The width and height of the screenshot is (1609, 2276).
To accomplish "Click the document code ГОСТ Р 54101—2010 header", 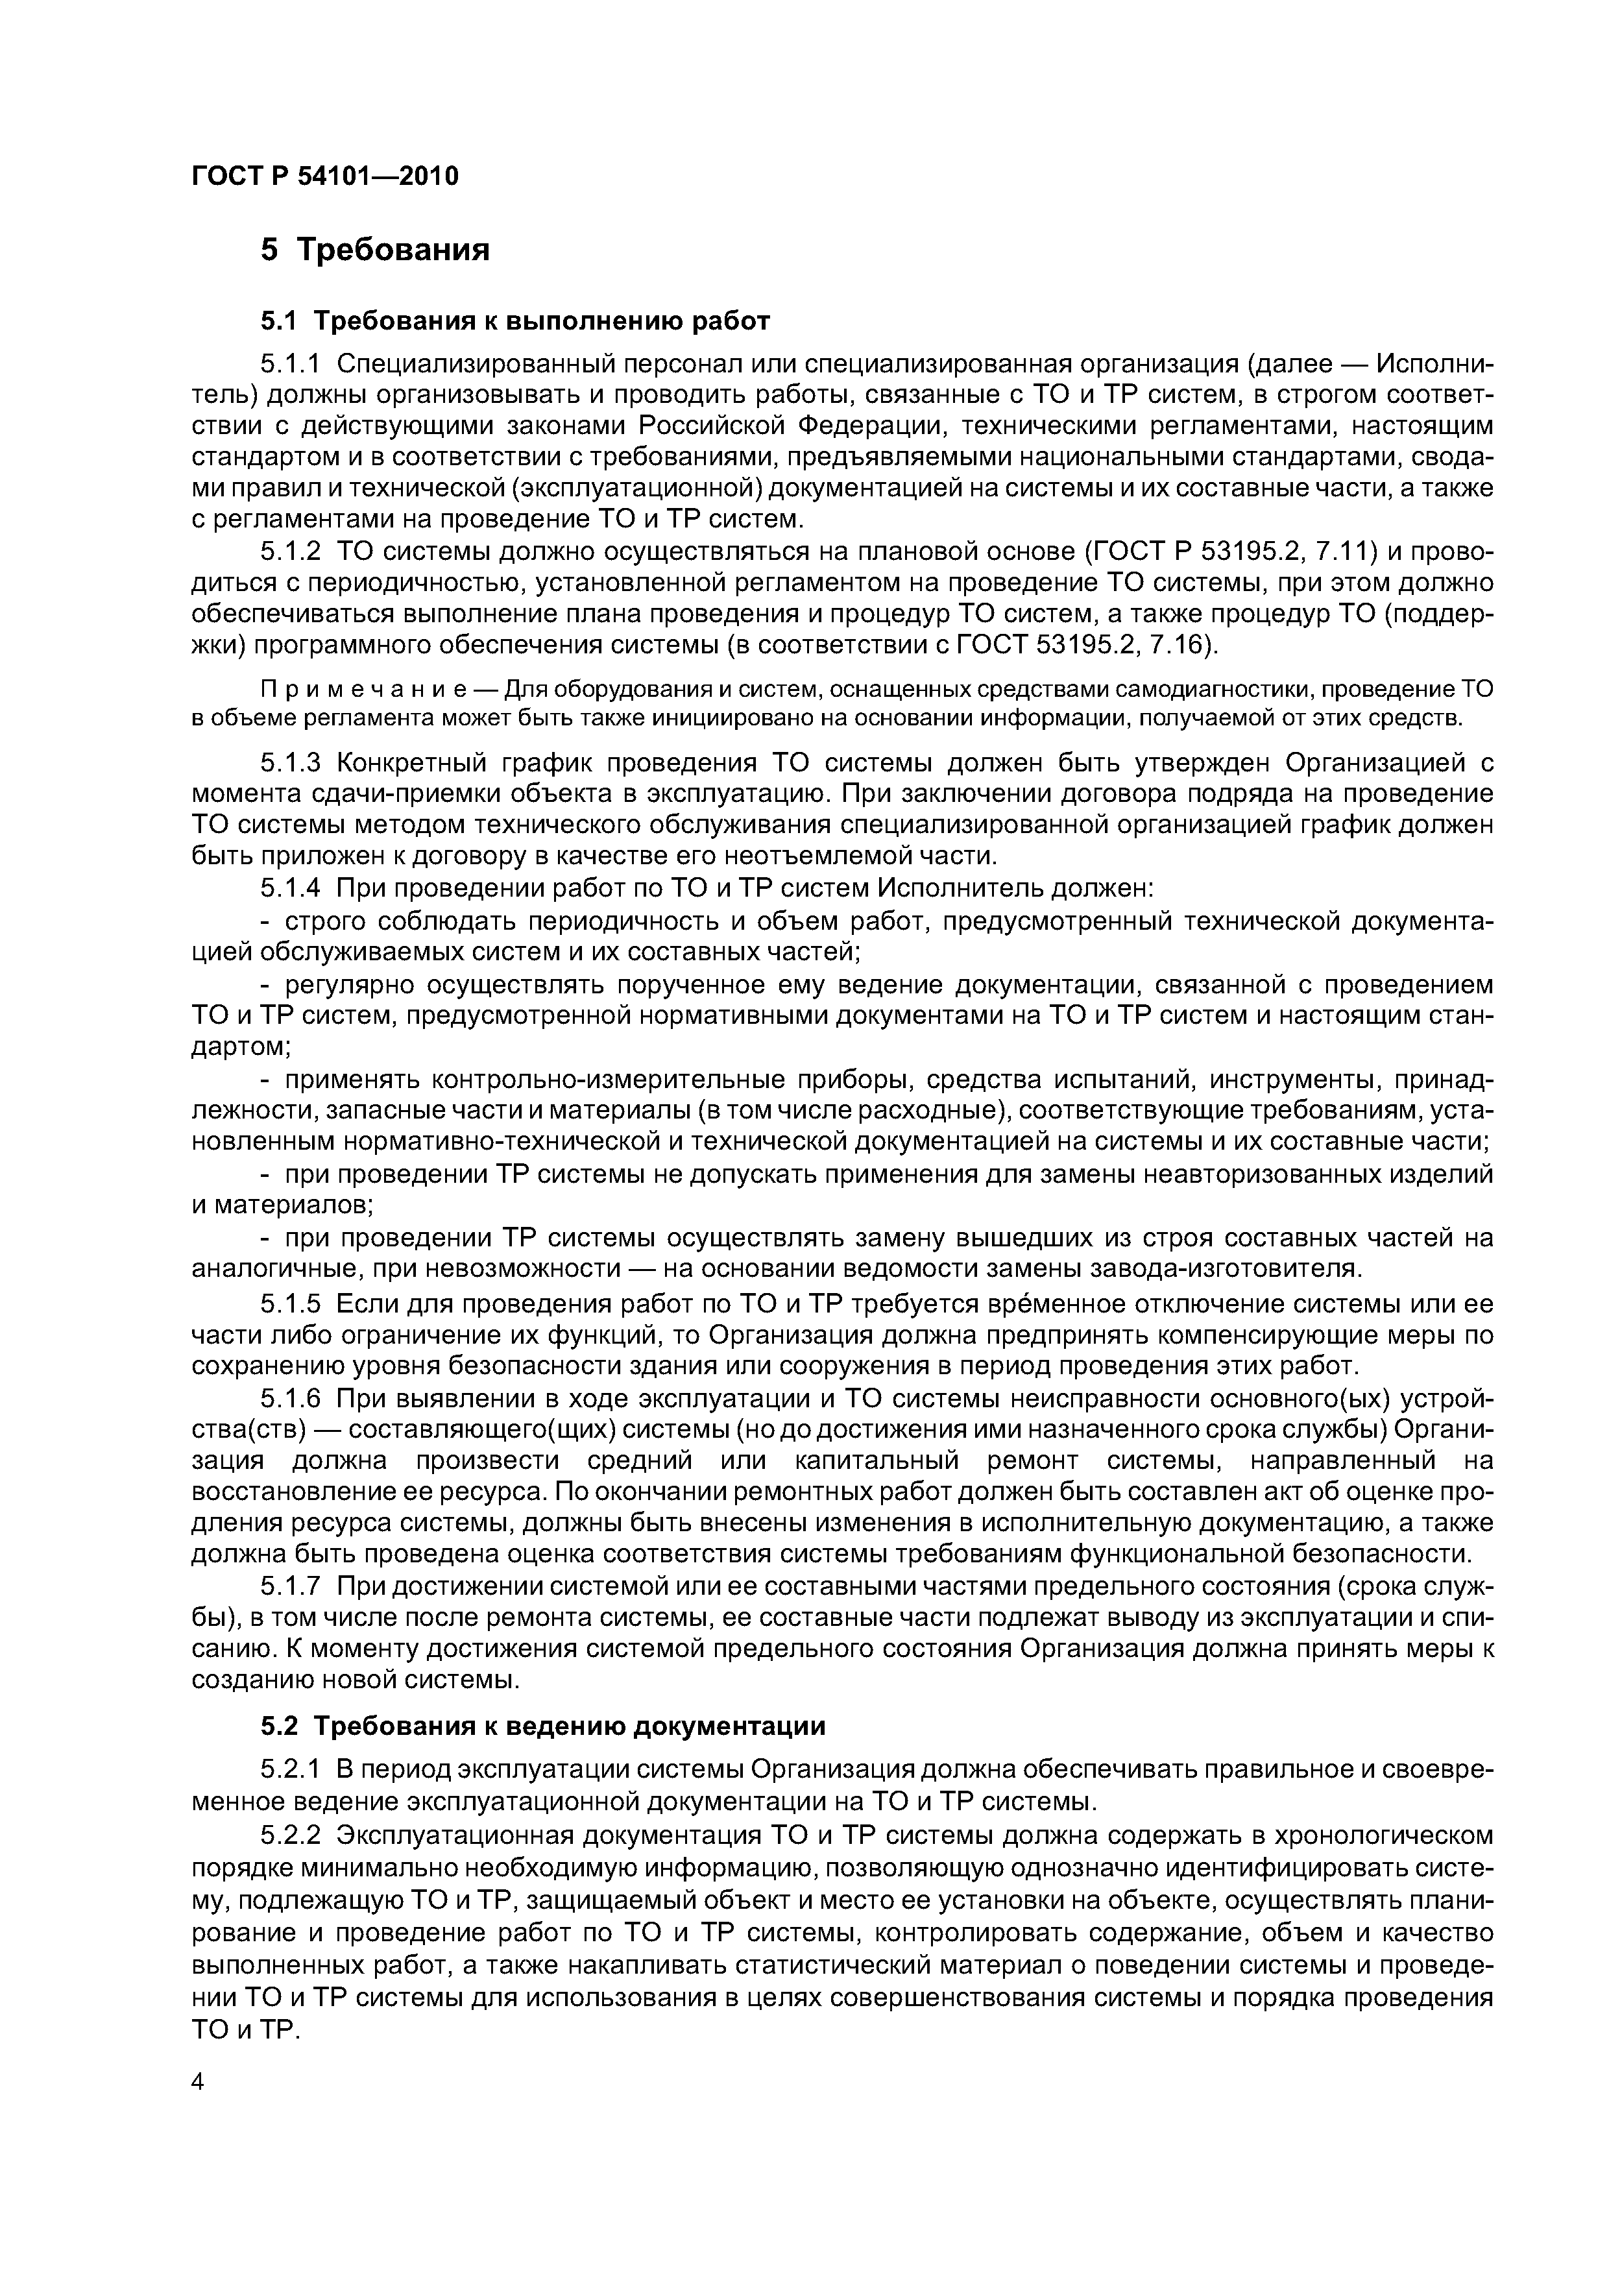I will (x=324, y=177).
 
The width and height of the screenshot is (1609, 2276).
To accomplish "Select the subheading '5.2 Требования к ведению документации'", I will (x=542, y=1727).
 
